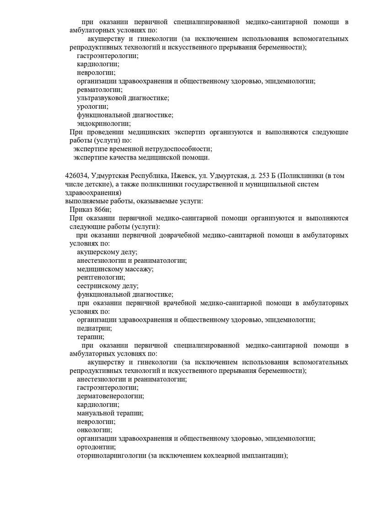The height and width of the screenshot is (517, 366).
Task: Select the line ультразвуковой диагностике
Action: point(123,98)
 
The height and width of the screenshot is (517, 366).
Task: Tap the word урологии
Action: point(92,107)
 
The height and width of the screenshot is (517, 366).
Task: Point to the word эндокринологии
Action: point(103,123)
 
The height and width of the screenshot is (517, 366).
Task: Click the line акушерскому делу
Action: point(107,252)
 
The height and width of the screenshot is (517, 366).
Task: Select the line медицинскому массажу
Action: point(115,269)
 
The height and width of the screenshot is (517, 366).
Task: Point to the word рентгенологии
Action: point(101,277)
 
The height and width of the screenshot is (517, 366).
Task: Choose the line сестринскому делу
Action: point(108,286)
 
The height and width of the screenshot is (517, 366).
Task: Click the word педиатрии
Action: point(94,328)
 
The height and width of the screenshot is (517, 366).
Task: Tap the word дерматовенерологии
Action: point(110,396)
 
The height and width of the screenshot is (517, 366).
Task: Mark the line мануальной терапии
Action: point(110,413)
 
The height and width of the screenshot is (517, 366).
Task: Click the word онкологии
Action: point(94,430)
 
